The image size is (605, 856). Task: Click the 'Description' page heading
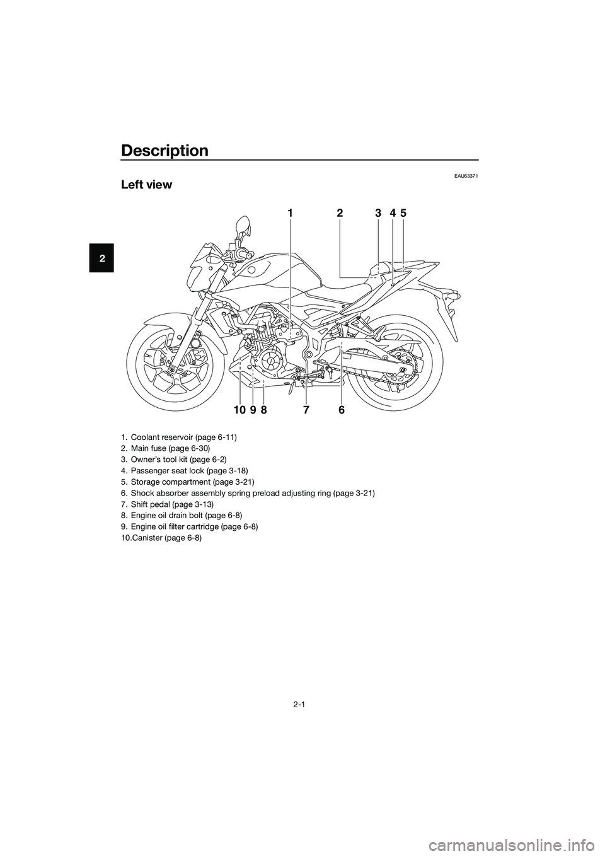[x=164, y=151]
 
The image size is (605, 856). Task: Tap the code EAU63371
[x=466, y=176]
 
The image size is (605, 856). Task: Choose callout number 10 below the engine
[x=239, y=410]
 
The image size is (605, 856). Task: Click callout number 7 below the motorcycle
[x=306, y=410]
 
